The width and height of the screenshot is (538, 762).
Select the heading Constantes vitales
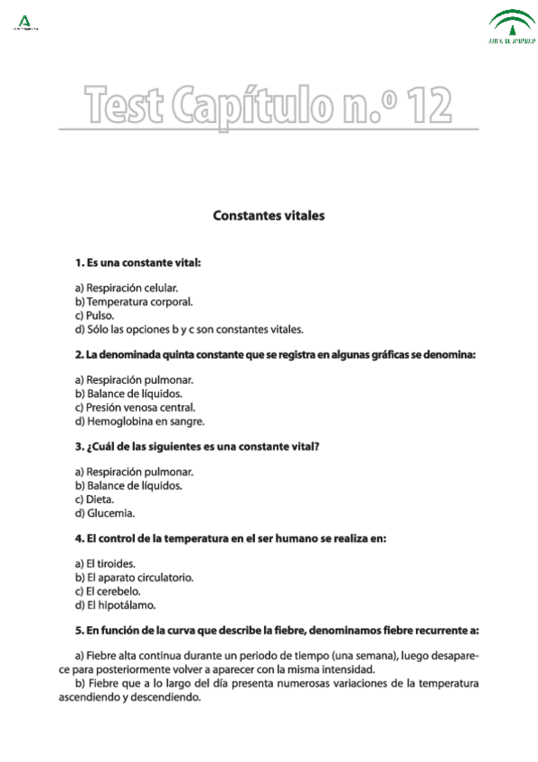tap(269, 217)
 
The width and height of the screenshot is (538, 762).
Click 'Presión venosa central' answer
tap(135, 407)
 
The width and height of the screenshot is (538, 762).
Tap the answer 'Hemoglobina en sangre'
tap(139, 421)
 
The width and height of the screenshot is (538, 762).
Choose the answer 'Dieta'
tap(94, 499)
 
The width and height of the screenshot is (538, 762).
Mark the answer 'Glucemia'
tap(104, 513)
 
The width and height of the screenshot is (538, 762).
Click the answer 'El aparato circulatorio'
tap(134, 577)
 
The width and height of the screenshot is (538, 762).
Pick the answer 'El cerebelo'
tap(108, 591)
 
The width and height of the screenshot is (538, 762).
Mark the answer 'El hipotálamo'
tap(113, 605)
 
